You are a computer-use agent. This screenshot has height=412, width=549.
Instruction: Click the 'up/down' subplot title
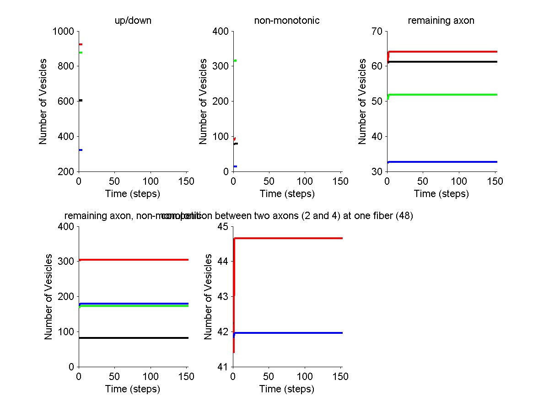coord(127,21)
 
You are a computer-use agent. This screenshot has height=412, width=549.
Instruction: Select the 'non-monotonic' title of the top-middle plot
coord(287,21)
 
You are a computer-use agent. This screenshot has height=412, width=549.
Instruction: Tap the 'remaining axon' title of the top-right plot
coord(441,21)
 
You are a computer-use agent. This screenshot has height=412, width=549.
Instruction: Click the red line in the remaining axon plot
coord(444,52)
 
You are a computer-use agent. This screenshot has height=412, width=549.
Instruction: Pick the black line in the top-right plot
coord(444,62)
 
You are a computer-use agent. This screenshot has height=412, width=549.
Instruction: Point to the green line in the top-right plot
coord(444,95)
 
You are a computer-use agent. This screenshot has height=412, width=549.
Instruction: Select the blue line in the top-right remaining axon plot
coord(444,162)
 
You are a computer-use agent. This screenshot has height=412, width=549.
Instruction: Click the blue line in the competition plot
coord(288,333)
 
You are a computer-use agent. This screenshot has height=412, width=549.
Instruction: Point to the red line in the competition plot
coord(288,238)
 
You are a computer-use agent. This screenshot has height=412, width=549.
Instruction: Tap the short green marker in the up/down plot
coord(81,53)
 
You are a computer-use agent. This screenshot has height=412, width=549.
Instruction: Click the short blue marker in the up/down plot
coord(81,150)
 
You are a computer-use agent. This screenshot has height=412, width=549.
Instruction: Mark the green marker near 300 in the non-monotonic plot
coord(235,61)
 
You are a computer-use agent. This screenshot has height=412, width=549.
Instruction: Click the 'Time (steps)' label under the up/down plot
coord(133,194)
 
